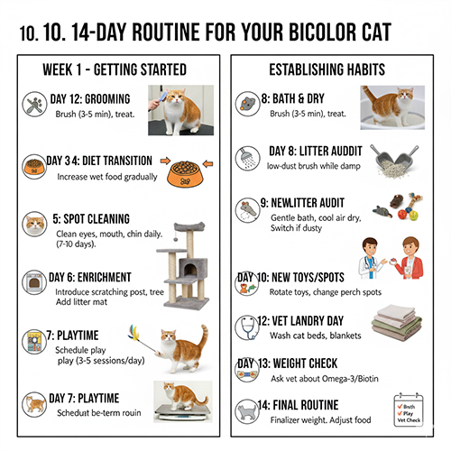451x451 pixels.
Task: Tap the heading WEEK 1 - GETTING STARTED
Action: point(115,69)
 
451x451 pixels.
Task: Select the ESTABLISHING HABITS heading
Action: point(327,69)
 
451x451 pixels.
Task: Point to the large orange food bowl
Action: point(185,174)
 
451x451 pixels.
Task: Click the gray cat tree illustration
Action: point(184,265)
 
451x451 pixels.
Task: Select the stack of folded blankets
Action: point(397,322)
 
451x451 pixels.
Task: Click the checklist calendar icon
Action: point(409,410)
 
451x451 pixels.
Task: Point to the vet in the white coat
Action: point(371,259)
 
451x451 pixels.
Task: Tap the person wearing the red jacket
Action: point(410,258)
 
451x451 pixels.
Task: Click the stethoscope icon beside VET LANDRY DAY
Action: point(247,327)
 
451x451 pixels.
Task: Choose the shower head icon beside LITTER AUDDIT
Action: point(247,158)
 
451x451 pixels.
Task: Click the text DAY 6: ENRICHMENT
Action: point(90,277)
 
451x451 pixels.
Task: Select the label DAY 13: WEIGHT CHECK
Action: point(288,364)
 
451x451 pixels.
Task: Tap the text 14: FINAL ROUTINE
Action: point(299,405)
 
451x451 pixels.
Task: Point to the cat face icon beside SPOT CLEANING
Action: point(34,224)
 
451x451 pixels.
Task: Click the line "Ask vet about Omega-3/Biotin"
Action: point(325,379)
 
